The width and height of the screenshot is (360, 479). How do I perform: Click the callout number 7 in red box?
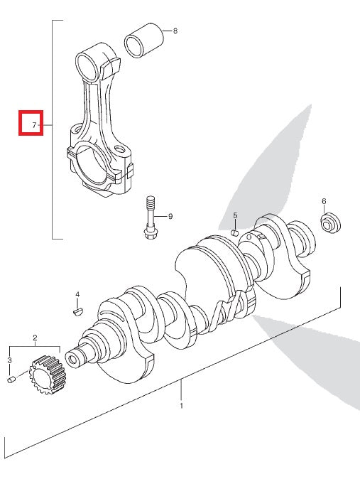click(x=33, y=125)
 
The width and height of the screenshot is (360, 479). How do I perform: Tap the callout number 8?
click(x=175, y=31)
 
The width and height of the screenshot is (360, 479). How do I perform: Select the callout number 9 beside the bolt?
click(x=170, y=215)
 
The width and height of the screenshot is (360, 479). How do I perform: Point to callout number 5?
click(x=234, y=215)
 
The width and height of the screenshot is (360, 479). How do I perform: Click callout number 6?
click(x=324, y=201)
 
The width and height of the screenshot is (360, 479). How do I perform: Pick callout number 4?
click(x=78, y=294)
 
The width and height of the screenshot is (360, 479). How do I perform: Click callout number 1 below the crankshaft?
click(x=181, y=406)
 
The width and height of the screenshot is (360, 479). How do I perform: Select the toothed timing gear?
click(x=46, y=377)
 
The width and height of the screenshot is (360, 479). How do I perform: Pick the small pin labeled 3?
click(x=11, y=381)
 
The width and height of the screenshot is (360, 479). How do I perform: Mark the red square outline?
click(x=31, y=123)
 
